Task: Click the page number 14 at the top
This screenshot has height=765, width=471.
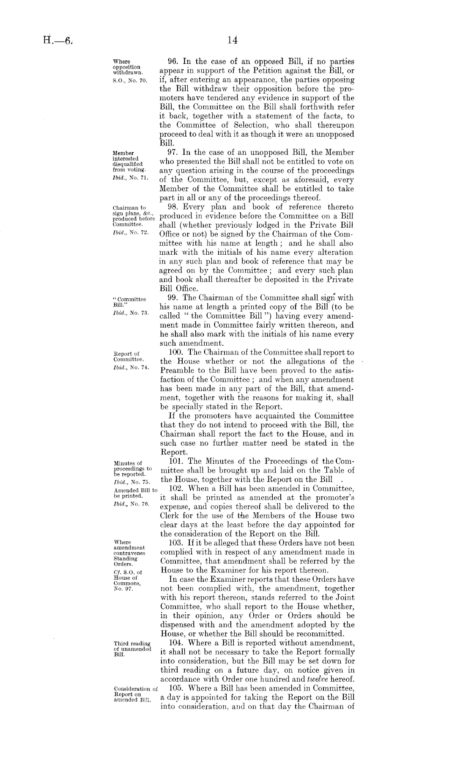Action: tap(232, 40)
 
